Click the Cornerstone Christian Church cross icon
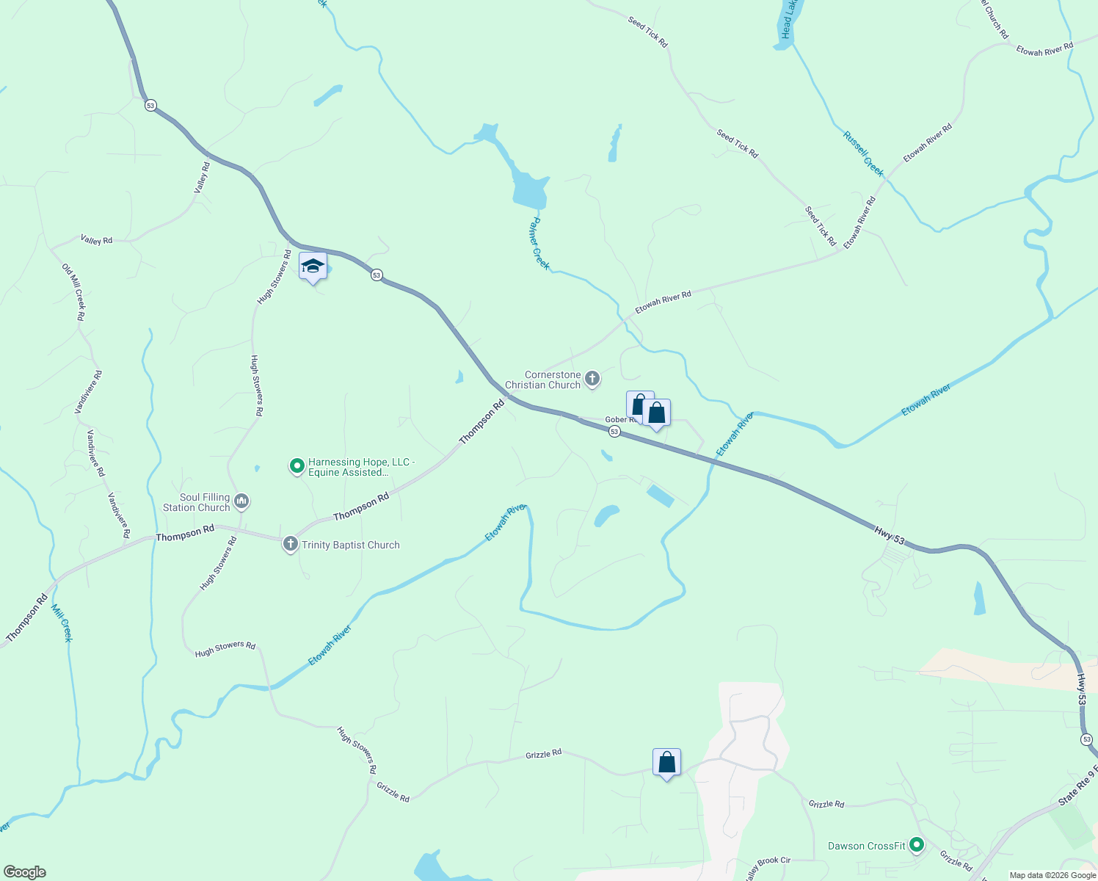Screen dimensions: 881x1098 point(592,380)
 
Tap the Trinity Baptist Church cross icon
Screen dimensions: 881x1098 point(290,544)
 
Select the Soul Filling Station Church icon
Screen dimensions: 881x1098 point(241,501)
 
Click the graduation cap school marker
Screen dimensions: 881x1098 point(313,267)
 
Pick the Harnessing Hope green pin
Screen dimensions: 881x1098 point(297,465)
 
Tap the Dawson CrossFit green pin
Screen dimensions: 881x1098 point(916,845)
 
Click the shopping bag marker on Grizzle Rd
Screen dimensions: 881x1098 point(666,763)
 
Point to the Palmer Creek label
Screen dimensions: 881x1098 point(540,243)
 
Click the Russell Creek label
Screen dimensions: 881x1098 point(863,154)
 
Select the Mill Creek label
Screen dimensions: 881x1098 point(62,623)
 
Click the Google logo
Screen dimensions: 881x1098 point(25,872)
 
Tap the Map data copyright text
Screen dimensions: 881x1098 point(1052,875)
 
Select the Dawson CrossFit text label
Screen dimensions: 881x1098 point(867,846)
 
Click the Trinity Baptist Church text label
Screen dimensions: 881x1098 point(350,545)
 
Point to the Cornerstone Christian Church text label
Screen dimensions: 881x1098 point(543,380)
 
